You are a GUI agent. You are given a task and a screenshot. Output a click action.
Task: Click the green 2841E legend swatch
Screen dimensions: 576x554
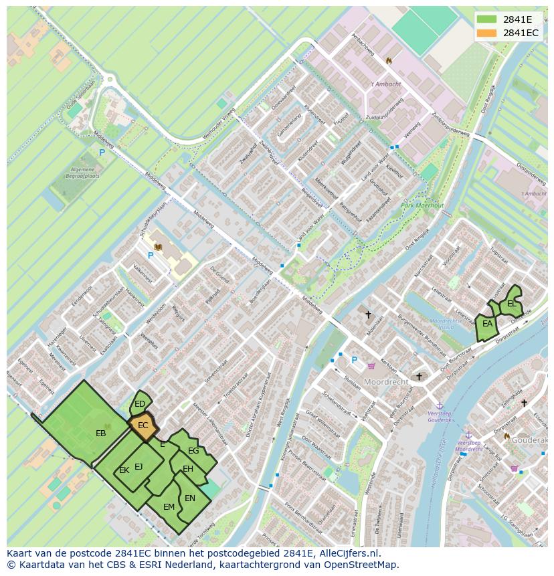(x=487, y=19)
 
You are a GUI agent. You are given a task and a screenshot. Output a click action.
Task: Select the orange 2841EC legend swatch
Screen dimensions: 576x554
(x=487, y=33)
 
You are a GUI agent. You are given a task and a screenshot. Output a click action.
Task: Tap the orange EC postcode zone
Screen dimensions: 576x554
(x=143, y=425)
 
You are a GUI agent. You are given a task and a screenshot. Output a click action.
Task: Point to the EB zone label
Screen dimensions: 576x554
(x=101, y=434)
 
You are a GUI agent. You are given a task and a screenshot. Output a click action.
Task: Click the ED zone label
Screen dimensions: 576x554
(x=140, y=404)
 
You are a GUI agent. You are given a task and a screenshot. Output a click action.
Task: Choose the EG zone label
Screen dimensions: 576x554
(x=193, y=451)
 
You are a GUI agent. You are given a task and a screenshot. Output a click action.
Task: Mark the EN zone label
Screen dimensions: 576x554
(x=190, y=498)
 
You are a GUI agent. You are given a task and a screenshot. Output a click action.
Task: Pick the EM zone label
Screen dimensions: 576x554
(x=169, y=507)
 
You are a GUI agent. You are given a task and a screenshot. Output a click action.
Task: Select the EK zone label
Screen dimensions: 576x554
(x=124, y=470)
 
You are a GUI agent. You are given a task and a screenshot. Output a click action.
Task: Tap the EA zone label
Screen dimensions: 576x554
(x=488, y=324)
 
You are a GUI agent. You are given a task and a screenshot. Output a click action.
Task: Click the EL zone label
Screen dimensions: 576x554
(x=512, y=304)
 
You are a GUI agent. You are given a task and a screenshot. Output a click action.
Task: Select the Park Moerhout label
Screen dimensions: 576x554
(x=423, y=205)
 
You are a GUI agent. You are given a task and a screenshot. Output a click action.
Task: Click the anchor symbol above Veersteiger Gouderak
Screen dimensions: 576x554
(x=440, y=405)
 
